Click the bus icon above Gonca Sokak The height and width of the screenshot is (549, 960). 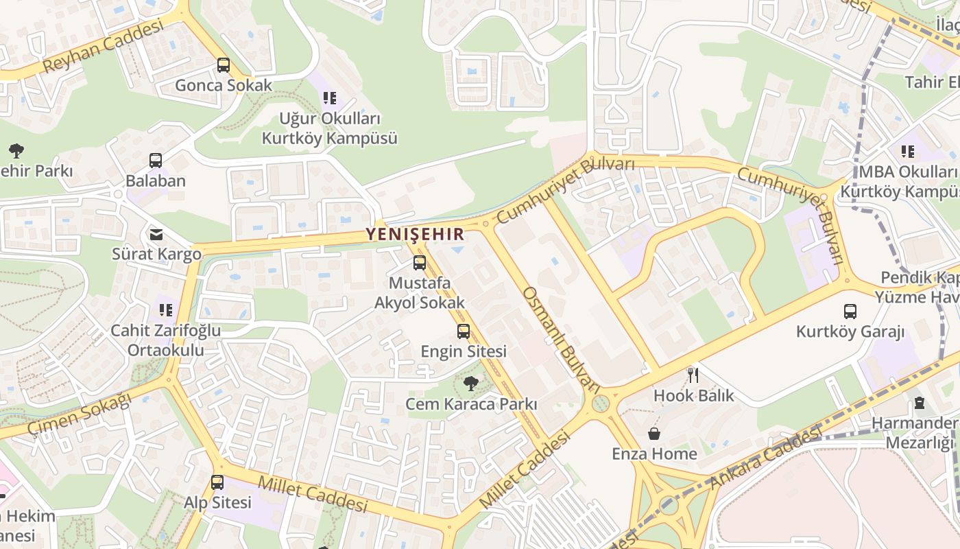[x=224, y=65]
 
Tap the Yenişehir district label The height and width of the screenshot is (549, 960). [x=415, y=234]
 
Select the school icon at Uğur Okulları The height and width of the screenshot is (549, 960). [x=330, y=98]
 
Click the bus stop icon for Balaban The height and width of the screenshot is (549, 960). [x=156, y=161]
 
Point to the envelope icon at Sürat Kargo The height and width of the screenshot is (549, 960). [x=157, y=235]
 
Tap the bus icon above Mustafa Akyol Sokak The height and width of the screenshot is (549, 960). [x=420, y=263]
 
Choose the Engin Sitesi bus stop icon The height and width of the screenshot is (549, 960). [x=464, y=331]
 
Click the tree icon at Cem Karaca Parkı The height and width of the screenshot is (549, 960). [x=470, y=384]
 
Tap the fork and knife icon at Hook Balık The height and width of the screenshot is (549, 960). [x=693, y=375]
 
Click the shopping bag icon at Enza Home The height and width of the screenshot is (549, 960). [x=654, y=434]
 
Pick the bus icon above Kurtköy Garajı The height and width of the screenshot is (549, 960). [x=850, y=312]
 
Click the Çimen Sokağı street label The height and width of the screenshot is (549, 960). [x=79, y=415]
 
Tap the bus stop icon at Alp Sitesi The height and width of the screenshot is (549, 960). [x=217, y=482]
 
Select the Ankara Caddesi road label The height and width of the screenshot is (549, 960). [x=765, y=458]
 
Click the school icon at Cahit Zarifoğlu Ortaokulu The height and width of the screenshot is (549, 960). [x=165, y=310]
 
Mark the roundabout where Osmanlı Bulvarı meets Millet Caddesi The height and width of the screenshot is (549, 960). [x=600, y=403]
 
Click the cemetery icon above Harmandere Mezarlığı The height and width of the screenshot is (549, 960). [x=919, y=403]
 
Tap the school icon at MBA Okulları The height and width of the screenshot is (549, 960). [x=908, y=151]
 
